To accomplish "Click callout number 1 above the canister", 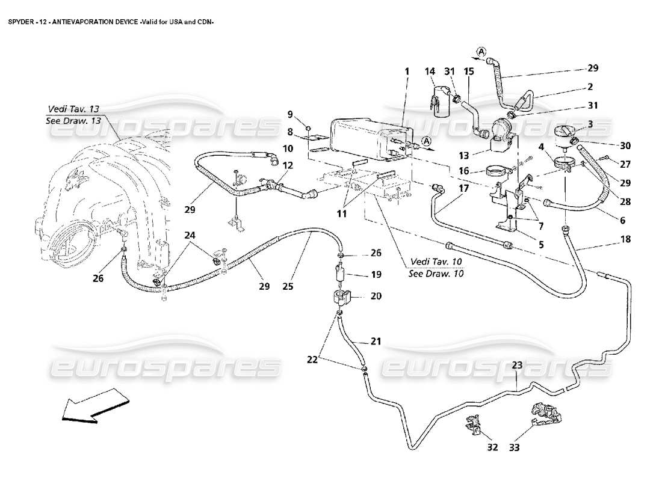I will click(406, 72).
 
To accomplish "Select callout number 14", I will click(430, 72).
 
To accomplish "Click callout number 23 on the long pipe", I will click(518, 364).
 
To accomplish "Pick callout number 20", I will click(376, 296).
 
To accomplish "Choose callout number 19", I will click(376, 275).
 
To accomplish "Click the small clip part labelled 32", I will click(472, 425).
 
